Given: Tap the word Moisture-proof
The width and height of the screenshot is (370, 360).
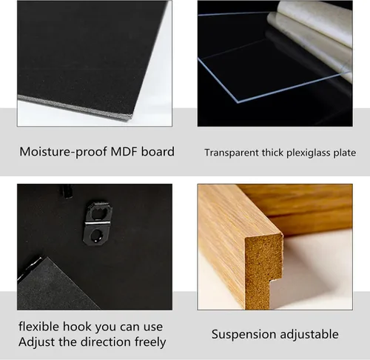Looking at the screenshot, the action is click(x=64, y=152).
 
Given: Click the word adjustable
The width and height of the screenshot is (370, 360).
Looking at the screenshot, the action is click(x=309, y=334).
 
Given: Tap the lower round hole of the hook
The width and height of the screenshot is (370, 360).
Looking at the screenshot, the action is click(x=96, y=236).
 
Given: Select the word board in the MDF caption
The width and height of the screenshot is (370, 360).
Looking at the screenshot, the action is click(x=158, y=152).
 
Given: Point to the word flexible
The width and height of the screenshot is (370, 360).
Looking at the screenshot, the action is click(x=39, y=327).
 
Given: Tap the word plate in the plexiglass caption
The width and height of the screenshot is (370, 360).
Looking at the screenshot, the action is click(x=345, y=153).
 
